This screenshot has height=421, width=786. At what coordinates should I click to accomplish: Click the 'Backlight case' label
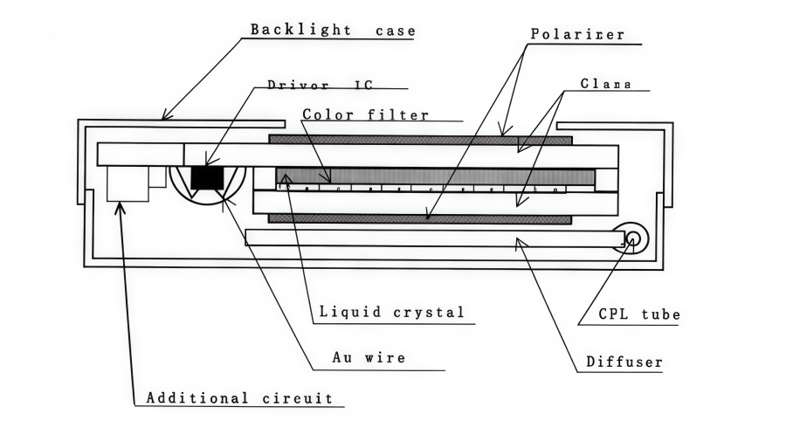pos(333,30)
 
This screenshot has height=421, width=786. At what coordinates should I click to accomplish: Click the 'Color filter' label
pos(365,114)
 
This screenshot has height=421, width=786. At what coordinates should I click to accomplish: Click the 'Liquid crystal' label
pos(390,311)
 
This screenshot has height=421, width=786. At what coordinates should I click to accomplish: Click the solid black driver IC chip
pos(207,176)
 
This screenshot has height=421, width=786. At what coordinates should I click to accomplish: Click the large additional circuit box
pos(128,183)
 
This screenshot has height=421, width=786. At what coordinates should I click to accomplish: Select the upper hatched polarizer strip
pos(419,140)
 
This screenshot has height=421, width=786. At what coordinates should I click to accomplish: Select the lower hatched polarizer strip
pos(419,218)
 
